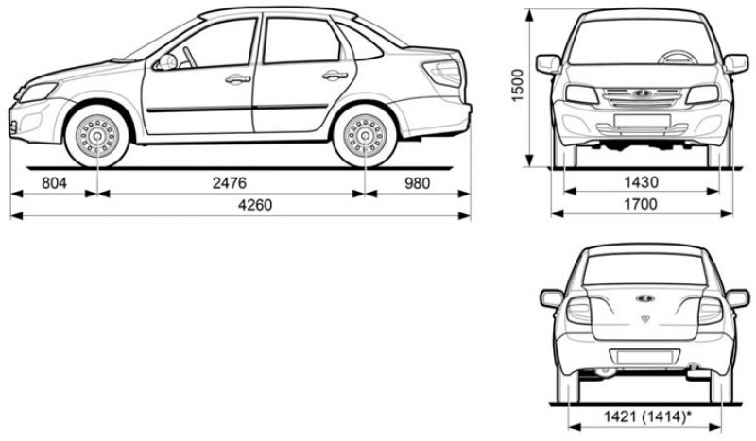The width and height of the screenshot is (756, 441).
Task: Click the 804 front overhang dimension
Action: click(x=54, y=183)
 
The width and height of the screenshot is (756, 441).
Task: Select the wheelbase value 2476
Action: click(x=230, y=183)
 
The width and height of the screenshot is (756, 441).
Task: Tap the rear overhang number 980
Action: click(x=417, y=183)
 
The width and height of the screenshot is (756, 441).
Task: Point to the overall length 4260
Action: click(x=255, y=205)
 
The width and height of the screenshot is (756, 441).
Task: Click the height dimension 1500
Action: click(x=517, y=85)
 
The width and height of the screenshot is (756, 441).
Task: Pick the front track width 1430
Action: click(x=641, y=182)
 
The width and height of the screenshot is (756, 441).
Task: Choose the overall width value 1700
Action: click(x=641, y=204)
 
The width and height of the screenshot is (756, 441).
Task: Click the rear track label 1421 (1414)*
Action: click(x=645, y=416)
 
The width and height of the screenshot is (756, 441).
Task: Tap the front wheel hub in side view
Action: click(x=97, y=136)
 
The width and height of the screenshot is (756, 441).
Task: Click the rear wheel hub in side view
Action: click(x=365, y=136)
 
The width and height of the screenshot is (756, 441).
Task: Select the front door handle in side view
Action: click(x=238, y=79)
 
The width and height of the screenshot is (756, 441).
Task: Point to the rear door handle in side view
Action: click(x=335, y=76)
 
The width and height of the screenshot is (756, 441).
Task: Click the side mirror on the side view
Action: click(x=165, y=62)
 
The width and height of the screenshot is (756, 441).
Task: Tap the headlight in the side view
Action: click(x=38, y=92)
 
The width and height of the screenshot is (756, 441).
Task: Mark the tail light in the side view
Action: click(x=443, y=73)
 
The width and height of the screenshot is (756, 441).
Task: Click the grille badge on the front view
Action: click(x=643, y=93)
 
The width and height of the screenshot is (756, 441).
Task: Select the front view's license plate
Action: click(x=643, y=121)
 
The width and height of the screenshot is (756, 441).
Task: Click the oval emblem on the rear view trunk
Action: click(x=644, y=298)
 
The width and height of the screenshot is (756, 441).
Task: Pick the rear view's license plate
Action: click(x=644, y=357)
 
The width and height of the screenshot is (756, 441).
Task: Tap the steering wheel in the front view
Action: click(x=678, y=57)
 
